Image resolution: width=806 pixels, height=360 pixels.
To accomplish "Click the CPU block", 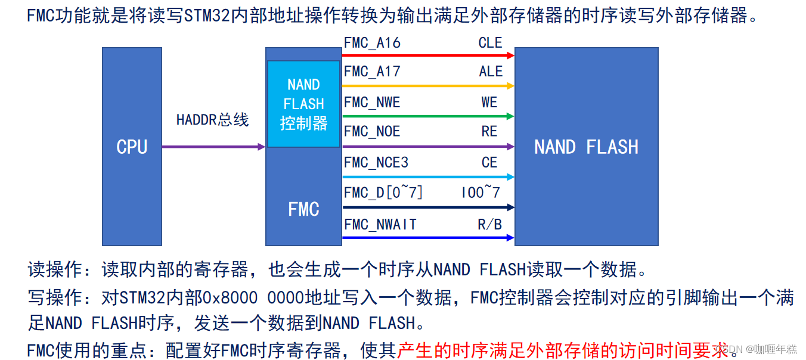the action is pyautogui.click(x=132, y=147).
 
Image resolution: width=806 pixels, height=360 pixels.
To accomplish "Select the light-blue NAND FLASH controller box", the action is pyautogui.click(x=303, y=104).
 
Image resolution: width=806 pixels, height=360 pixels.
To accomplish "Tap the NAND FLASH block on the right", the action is pyautogui.click(x=586, y=147).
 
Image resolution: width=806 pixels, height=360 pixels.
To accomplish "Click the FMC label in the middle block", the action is pyautogui.click(x=303, y=209).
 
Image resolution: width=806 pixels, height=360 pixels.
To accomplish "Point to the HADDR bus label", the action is pyautogui.click(x=212, y=120).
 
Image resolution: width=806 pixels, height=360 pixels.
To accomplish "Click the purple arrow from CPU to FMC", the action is pyautogui.click(x=213, y=147).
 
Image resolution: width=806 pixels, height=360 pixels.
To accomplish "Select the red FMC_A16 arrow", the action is pyautogui.click(x=427, y=55).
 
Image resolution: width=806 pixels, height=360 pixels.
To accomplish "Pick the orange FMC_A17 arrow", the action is pyautogui.click(x=427, y=86).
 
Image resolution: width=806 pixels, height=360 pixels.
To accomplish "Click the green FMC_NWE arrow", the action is pyautogui.click(x=427, y=116).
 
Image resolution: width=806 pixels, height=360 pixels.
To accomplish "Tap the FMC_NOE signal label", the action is pyautogui.click(x=372, y=132).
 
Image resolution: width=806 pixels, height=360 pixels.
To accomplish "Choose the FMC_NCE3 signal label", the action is pyautogui.click(x=376, y=162).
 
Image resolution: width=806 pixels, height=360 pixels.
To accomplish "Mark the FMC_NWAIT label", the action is pyautogui.click(x=380, y=224).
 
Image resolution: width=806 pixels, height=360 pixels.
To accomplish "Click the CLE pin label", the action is pyautogui.click(x=490, y=43).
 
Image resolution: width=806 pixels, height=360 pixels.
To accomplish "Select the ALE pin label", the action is pyautogui.click(x=491, y=72).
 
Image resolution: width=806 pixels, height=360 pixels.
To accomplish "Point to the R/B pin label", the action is pyautogui.click(x=489, y=224).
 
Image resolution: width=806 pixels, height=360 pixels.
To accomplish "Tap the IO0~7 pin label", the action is pyautogui.click(x=480, y=193).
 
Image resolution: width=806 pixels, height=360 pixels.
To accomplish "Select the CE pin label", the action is pyautogui.click(x=489, y=162).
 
